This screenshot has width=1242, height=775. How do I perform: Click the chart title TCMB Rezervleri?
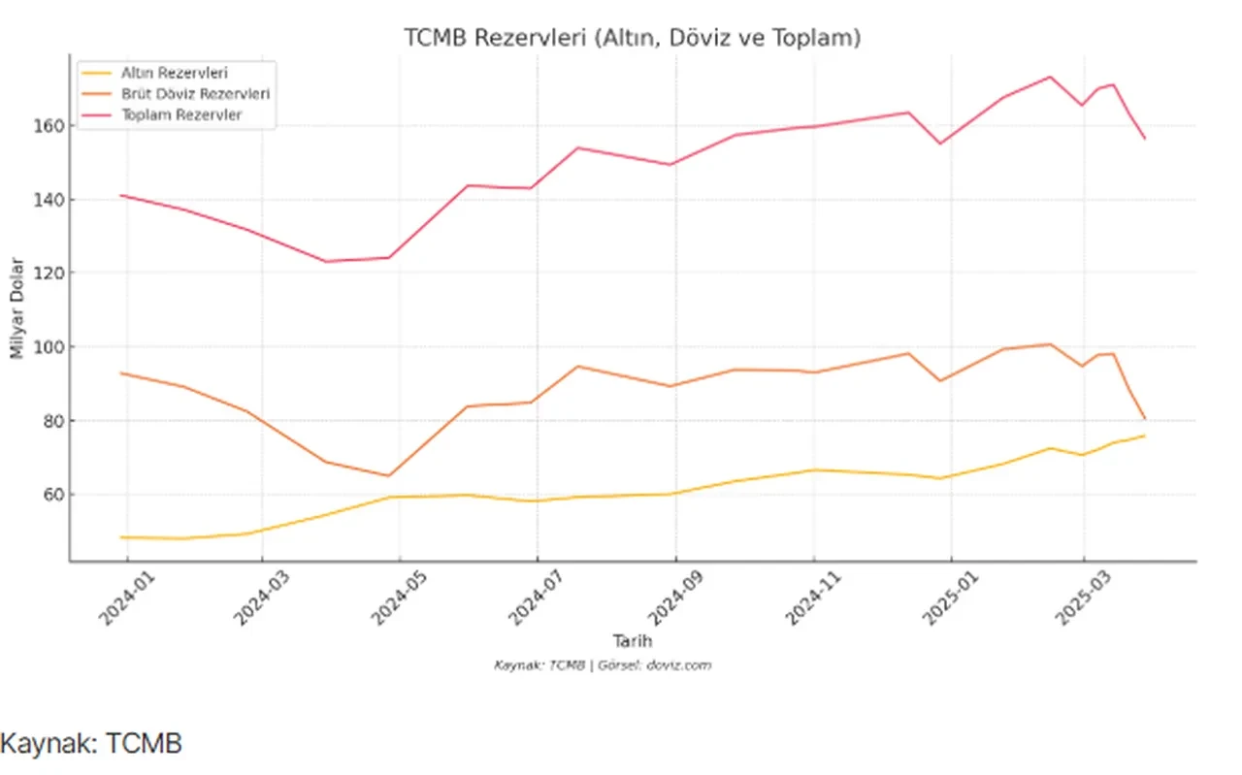pyautogui.click(x=633, y=39)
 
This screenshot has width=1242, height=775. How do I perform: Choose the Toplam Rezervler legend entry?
pyautogui.click(x=181, y=114)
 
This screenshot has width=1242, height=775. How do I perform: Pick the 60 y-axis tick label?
pyautogui.click(x=53, y=495)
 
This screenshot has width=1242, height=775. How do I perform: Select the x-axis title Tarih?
pyautogui.click(x=632, y=641)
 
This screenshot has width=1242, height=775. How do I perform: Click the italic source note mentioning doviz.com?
pyautogui.click(x=603, y=665)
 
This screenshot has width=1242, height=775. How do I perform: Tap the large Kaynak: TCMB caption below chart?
pyautogui.click(x=91, y=744)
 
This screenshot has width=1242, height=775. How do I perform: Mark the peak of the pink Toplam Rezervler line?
pyautogui.click(x=1050, y=77)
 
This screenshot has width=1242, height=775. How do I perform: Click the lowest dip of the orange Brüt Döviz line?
pyautogui.click(x=388, y=475)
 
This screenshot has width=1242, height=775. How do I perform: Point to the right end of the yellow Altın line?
pyautogui.click(x=1144, y=436)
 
